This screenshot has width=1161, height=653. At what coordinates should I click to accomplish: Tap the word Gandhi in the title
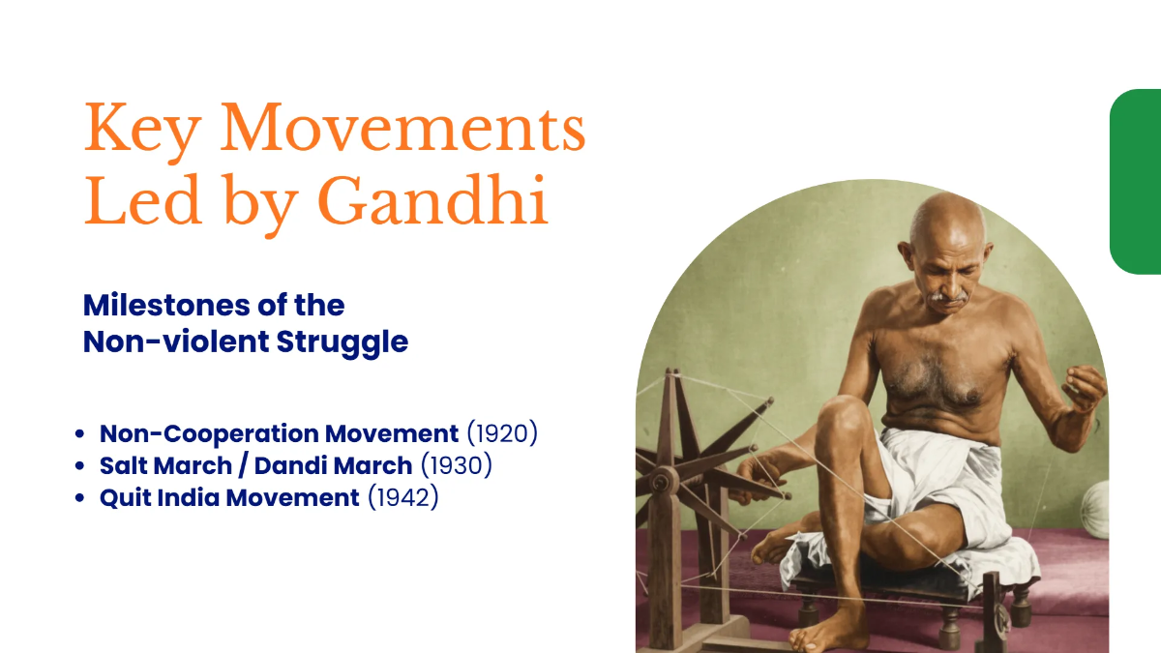click(432, 202)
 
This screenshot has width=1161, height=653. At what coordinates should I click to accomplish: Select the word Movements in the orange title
click(403, 130)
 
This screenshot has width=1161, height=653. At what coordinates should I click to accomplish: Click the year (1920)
click(502, 433)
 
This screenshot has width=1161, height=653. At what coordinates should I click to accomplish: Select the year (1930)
click(457, 465)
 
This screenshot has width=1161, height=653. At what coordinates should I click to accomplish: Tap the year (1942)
click(403, 498)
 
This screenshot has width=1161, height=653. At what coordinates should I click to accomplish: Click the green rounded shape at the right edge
click(1136, 182)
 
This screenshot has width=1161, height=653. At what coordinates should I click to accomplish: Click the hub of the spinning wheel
click(665, 480)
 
